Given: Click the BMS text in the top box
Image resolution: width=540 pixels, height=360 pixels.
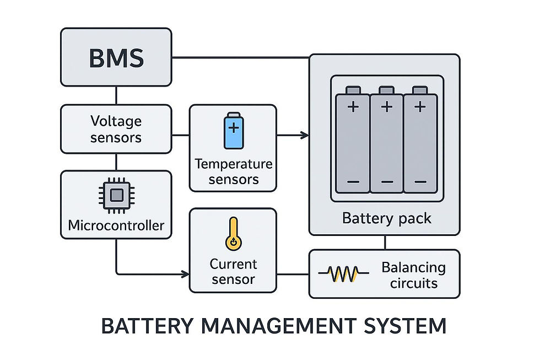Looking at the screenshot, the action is pos(116,58).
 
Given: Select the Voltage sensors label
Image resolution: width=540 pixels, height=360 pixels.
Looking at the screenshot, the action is pos(116,129).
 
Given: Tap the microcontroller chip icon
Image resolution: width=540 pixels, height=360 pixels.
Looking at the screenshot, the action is pos(116,195).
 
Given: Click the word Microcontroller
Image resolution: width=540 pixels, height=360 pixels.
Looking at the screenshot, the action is pos(116,225).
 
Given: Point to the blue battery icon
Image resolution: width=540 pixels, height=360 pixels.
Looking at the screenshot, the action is pos(234,131).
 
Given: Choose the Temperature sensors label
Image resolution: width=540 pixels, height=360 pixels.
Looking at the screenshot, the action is pos(234,171).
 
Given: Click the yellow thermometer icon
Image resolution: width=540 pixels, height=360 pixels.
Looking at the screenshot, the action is pos(234,234).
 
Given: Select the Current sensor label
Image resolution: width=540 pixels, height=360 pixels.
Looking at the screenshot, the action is pos(233,271).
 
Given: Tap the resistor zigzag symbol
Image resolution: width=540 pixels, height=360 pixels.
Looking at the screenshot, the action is pos(343,273).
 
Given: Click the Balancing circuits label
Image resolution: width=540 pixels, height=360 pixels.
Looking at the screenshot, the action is pos(414,275).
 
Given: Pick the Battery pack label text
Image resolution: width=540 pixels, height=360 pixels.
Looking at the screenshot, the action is pos(386,218).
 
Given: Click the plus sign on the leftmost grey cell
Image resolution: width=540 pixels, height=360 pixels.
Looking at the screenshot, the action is pos(353,107).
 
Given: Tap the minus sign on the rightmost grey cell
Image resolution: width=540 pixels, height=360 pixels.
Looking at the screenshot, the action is pos(420,181).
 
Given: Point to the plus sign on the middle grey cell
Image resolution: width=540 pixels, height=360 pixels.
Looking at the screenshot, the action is pos(387,107).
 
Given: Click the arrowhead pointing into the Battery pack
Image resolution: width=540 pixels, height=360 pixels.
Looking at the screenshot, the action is pos(304,135).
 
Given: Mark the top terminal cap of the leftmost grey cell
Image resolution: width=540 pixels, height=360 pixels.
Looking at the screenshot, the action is pos(353,90).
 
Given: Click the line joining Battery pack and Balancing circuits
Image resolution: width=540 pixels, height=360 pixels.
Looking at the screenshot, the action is pos(385,243).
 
